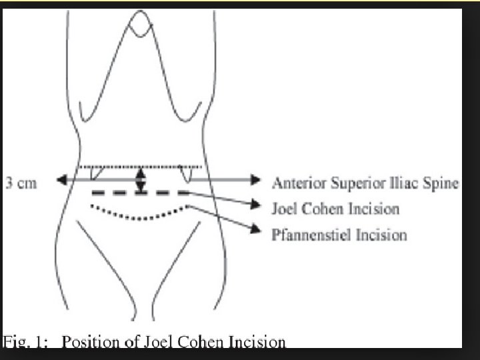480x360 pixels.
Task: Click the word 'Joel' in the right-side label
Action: coord(286,209)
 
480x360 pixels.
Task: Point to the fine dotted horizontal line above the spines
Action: coord(139,166)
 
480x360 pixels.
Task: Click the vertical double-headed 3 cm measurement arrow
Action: coord(139,180)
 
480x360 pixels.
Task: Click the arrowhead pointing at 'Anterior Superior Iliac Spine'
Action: coord(255,179)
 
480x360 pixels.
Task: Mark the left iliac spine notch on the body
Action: coord(97,173)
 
